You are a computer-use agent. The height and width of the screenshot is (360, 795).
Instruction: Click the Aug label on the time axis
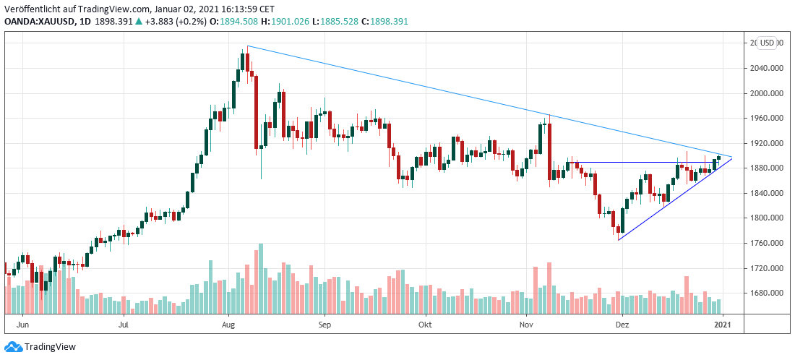pos(228,325)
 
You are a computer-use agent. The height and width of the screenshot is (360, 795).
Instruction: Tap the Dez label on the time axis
pos(622,325)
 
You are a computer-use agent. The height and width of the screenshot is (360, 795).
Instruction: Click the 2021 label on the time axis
pos(723,325)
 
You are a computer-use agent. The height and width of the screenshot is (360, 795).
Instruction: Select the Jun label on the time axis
pos(23,325)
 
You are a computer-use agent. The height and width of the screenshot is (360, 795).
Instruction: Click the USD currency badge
pos(768,43)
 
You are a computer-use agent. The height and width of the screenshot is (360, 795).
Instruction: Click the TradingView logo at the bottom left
pos(40,347)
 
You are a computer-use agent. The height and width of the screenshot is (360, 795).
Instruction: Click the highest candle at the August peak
pos(243,62)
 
